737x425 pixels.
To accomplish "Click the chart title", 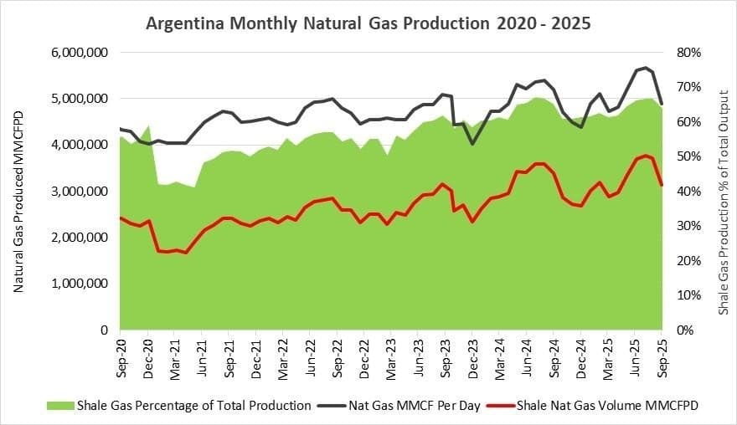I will [368, 23].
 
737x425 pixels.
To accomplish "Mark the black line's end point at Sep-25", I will [662, 104].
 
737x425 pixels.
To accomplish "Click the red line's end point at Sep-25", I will [662, 185].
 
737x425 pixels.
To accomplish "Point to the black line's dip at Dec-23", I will [472, 144].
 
